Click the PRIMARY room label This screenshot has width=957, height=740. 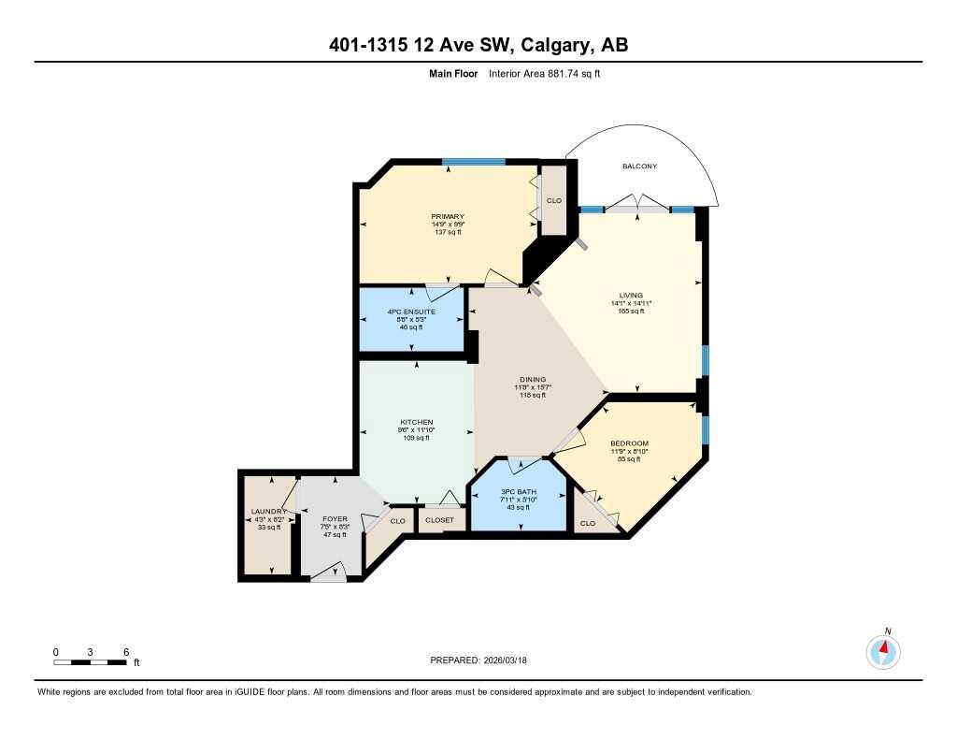click(449, 217)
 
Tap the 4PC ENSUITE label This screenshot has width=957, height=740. click(412, 311)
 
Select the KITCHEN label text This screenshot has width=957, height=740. click(417, 422)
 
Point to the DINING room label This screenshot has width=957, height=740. click(533, 380)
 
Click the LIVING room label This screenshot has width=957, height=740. click(632, 296)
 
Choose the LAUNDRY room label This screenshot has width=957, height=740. click(268, 511)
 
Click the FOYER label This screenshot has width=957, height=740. click(335, 518)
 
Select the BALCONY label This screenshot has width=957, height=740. click(640, 167)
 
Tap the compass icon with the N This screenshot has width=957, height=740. click(883, 650)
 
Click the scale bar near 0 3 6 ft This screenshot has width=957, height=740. click(90, 662)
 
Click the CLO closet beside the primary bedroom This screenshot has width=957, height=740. click(554, 200)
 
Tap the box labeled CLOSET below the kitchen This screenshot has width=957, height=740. click(439, 520)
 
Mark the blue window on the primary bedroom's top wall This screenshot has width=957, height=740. click(474, 162)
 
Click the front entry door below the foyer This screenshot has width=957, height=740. click(328, 577)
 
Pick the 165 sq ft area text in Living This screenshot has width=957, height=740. click(632, 312)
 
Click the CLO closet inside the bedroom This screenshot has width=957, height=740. click(588, 523)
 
